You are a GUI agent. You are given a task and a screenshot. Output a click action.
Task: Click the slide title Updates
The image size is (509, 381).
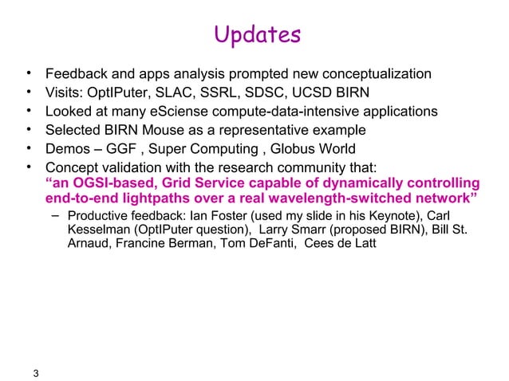258,36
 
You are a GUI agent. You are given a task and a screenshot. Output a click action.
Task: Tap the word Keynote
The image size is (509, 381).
396,215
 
